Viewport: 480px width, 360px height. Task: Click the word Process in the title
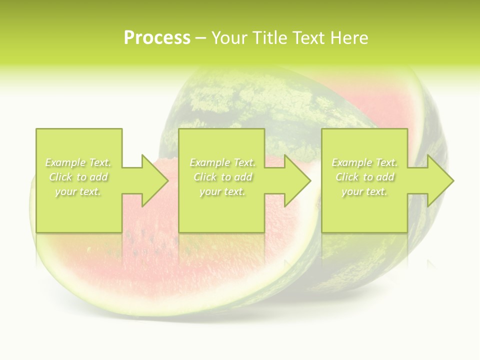(x=157, y=38)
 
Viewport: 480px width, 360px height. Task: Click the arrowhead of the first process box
(x=152, y=180)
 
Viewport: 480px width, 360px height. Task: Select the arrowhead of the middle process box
(x=295, y=180)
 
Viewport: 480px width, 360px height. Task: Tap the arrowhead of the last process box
(x=438, y=180)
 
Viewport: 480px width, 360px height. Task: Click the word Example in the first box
(x=65, y=162)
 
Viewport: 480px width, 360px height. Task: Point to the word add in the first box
(x=98, y=177)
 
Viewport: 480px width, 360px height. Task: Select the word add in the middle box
(x=243, y=177)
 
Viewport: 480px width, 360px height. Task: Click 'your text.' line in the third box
(x=364, y=191)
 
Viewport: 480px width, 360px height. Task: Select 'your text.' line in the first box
(x=78, y=191)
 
